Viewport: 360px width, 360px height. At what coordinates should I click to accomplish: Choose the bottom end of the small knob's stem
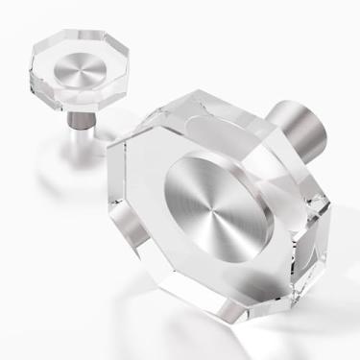pyautogui.click(x=75, y=131)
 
